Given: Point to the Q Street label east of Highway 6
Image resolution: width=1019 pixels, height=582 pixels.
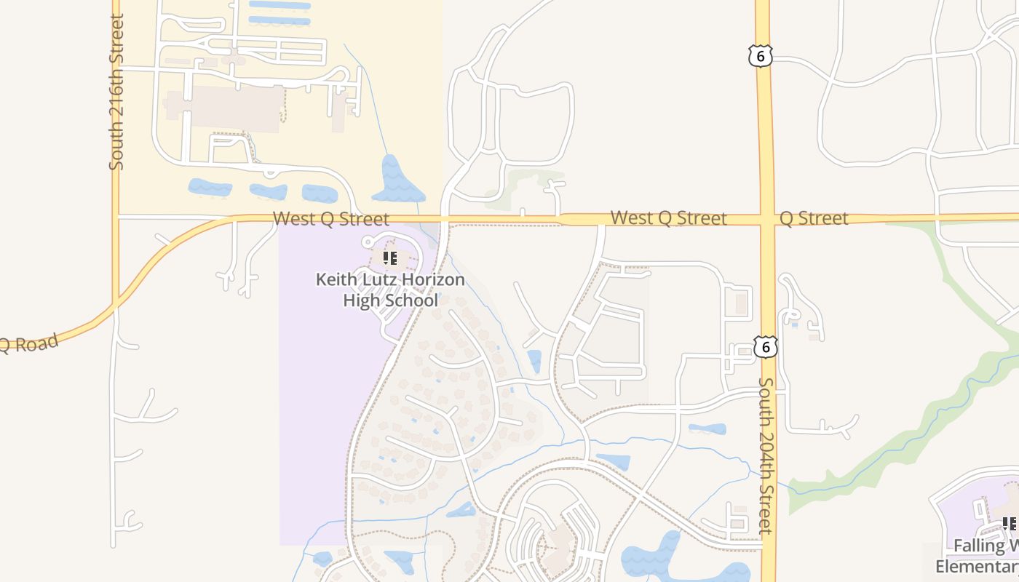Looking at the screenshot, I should tap(814, 218).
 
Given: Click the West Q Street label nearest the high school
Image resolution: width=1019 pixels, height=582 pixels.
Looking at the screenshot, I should tap(331, 218).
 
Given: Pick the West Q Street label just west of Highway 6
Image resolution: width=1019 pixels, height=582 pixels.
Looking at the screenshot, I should tap(668, 218).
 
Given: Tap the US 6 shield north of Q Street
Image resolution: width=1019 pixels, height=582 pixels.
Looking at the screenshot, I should tap(759, 55).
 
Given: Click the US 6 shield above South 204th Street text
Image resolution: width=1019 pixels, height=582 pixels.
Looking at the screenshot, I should tap(764, 347).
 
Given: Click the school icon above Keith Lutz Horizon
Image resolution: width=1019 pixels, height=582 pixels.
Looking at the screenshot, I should tap(390, 258).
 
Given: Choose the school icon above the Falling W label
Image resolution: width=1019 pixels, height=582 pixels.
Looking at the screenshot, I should tap(1010, 524).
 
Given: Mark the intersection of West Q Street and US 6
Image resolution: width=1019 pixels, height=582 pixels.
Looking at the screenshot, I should tap(766, 219).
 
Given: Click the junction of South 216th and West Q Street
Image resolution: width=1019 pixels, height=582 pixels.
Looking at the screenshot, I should tap(116, 215).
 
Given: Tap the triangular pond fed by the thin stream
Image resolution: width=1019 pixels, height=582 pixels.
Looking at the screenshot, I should tap(397, 180).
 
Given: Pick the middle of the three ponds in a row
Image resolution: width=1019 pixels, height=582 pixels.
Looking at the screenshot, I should tap(269, 192).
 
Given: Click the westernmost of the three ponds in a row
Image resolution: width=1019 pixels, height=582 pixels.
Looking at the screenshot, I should tap(210, 188).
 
